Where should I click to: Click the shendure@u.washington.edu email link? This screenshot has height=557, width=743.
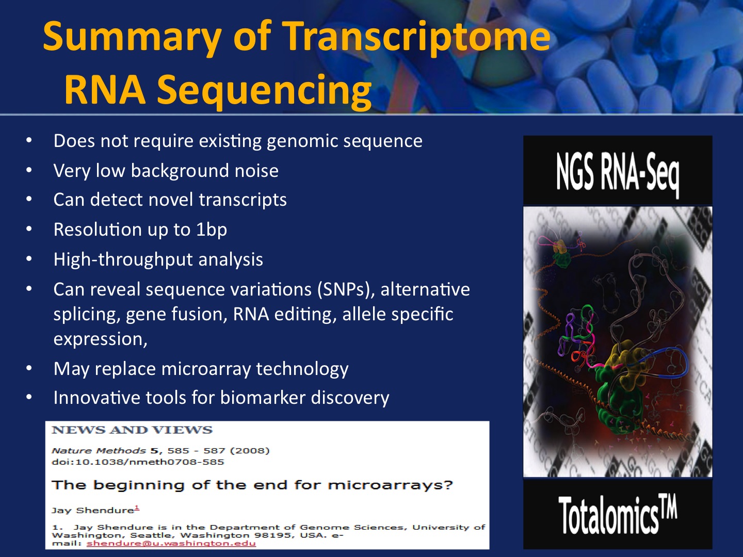(171, 544)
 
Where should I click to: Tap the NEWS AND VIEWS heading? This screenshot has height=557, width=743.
(132, 430)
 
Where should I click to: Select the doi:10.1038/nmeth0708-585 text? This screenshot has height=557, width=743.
(138, 462)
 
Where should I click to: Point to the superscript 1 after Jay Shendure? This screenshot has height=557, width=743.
(137, 507)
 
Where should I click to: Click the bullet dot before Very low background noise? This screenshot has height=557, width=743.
(29, 170)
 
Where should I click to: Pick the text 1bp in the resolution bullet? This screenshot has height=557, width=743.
(212, 230)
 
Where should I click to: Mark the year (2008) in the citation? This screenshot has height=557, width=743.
(249, 450)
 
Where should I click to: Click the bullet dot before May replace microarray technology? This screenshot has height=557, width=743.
(29, 368)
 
